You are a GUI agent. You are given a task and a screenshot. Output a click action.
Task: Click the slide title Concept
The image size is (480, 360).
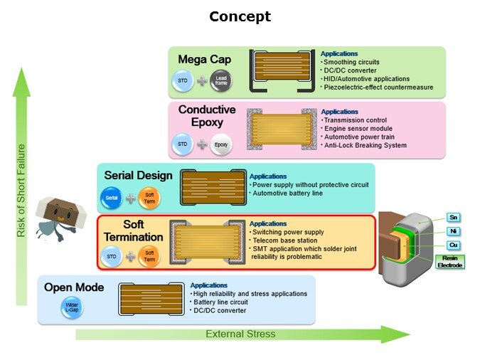tap(240, 16)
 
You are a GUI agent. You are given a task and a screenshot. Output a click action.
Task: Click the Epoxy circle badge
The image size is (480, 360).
tap(222, 144)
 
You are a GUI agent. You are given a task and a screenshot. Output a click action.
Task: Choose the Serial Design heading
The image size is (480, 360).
tap(138, 175)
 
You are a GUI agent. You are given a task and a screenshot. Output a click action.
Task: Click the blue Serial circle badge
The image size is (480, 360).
tap(112, 198)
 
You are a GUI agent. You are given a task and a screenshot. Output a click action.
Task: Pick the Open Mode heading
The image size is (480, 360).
tap(74, 287)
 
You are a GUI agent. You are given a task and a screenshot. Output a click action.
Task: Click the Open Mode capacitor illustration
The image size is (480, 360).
tap(147, 300)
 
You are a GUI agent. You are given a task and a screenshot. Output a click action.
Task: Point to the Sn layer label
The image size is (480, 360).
tap(452, 217)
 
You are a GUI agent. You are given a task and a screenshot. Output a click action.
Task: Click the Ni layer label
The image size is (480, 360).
tap(452, 231)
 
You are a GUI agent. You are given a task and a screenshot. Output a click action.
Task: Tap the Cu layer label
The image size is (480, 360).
tap(452, 245)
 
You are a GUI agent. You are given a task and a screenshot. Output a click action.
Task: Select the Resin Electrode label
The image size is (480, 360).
tap(450, 261)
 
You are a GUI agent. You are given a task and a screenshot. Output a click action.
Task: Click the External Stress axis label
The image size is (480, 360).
tap(240, 334)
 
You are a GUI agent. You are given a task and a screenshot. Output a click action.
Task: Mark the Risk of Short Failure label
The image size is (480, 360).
tap(21, 191)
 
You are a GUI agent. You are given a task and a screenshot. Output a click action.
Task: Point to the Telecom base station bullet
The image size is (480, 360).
tap(279, 240)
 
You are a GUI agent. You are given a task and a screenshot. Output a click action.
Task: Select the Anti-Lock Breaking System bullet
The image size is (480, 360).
tap(363, 145)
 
